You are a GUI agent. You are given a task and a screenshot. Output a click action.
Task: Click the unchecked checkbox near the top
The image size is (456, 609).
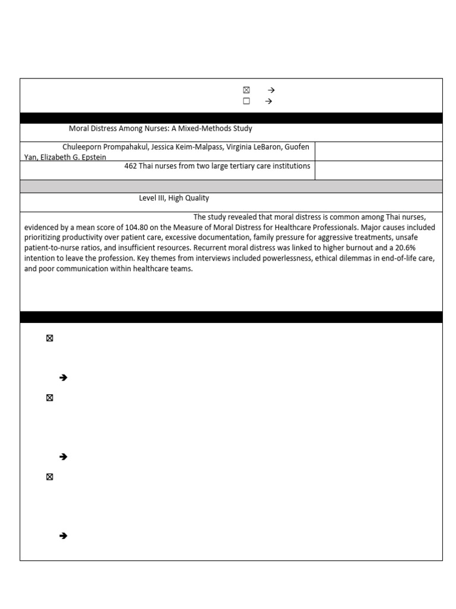pyautogui.click(x=246, y=101)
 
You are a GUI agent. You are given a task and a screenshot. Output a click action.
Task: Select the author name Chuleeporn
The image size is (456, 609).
pyautogui.click(x=83, y=147)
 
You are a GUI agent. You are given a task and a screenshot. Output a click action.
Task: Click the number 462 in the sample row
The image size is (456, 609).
pyautogui.click(x=131, y=166)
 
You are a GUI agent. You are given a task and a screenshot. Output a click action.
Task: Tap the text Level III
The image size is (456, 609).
pyautogui.click(x=151, y=198)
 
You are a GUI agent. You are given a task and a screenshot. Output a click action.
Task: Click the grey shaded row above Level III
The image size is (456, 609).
pyautogui.click(x=231, y=186)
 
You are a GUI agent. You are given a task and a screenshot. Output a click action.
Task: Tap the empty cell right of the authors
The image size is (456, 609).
pyautogui.click(x=378, y=151)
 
